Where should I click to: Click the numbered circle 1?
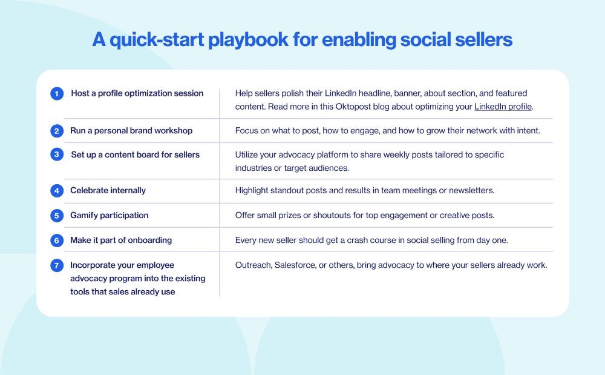coord(57,94)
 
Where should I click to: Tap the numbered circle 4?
coord(57,191)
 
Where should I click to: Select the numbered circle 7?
coord(57,265)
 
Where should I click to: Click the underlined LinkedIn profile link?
coord(503,107)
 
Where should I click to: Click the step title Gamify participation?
coord(109,215)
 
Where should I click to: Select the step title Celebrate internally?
coord(108,190)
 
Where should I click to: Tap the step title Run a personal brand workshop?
coord(131,130)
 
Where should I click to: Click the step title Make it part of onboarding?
coord(121,240)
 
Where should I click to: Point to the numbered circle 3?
coord(57,154)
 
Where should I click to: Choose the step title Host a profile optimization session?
coord(137,93)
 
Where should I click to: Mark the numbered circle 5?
coord(57,216)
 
